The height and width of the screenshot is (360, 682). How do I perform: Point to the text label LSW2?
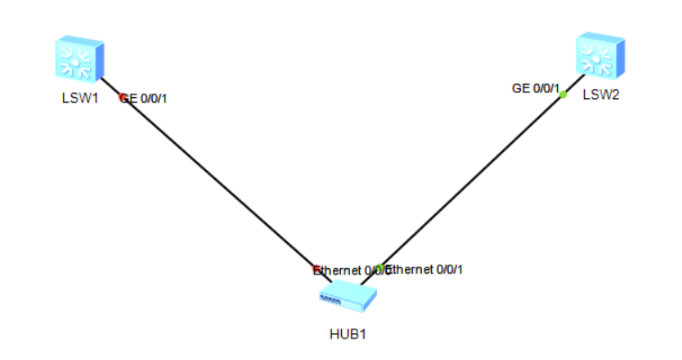(600, 94)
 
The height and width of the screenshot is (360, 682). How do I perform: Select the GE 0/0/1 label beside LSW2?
(534, 88)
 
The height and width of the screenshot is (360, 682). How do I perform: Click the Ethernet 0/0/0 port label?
(351, 270)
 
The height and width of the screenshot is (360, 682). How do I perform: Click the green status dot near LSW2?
(562, 94)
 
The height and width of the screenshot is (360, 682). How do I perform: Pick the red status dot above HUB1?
(316, 269)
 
